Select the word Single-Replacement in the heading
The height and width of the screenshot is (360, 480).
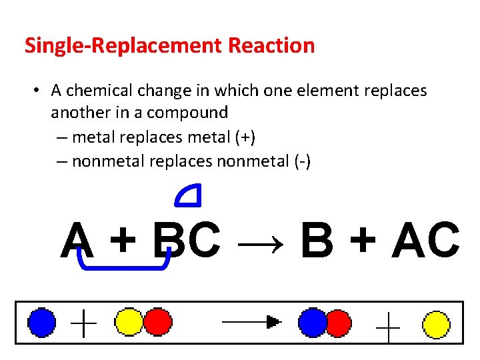tap(123, 46)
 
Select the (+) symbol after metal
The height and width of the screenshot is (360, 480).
tap(244, 137)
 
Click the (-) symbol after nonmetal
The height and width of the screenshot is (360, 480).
tap(300, 161)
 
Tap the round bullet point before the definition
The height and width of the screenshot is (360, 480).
tap(39, 91)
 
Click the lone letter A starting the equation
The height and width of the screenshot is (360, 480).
tap(77, 241)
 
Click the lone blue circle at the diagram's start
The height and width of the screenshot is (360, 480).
tap(41, 323)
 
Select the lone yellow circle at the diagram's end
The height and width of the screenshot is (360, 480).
tap(437, 325)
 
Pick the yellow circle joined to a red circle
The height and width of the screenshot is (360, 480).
tap(129, 321)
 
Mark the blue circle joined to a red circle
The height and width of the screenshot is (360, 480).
tap(312, 322)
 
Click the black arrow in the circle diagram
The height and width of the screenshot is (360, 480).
tap(251, 322)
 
